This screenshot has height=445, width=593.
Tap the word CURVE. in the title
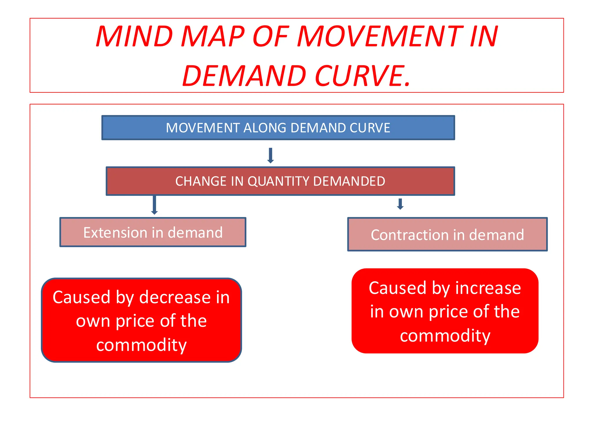coord(363,76)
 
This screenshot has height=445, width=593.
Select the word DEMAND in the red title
coord(244,76)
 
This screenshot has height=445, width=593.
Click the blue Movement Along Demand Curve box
coord(278,128)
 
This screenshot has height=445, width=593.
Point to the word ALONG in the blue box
coord(265,128)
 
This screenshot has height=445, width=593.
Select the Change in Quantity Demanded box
coord(280,181)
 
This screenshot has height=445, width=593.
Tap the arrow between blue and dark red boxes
coord(270,156)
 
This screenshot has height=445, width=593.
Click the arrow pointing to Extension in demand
coord(154,205)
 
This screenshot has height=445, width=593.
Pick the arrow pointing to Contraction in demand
coord(400,204)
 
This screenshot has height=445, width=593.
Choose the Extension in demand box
coord(153,232)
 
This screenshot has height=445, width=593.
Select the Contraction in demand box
coord(447,235)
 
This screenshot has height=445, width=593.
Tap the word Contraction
coord(409,235)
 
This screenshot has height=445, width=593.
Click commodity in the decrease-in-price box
coord(141,345)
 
